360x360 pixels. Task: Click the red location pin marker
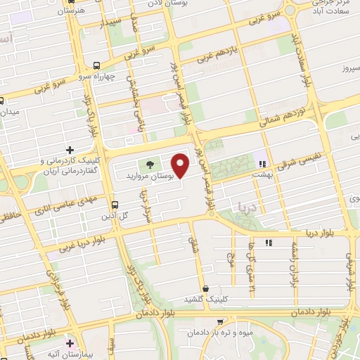click(181, 166)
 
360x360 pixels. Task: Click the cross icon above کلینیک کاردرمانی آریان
click(70, 150)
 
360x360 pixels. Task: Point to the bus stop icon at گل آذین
click(115, 205)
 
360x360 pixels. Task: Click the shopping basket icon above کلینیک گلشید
click(205, 289)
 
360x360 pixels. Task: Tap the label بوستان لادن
click(165, 4)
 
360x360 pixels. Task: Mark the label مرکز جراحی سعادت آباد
click(326, 8)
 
